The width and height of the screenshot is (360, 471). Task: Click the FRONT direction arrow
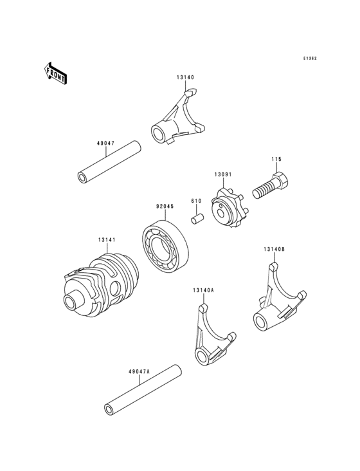56,73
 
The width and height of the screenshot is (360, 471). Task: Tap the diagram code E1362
310,58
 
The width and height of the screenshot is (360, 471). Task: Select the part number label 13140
186,77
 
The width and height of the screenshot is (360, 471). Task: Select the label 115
276,159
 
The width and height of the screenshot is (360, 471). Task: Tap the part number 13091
222,174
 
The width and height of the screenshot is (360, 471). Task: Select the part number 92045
164,207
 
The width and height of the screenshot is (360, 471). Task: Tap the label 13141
107,239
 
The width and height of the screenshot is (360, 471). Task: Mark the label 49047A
138,371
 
